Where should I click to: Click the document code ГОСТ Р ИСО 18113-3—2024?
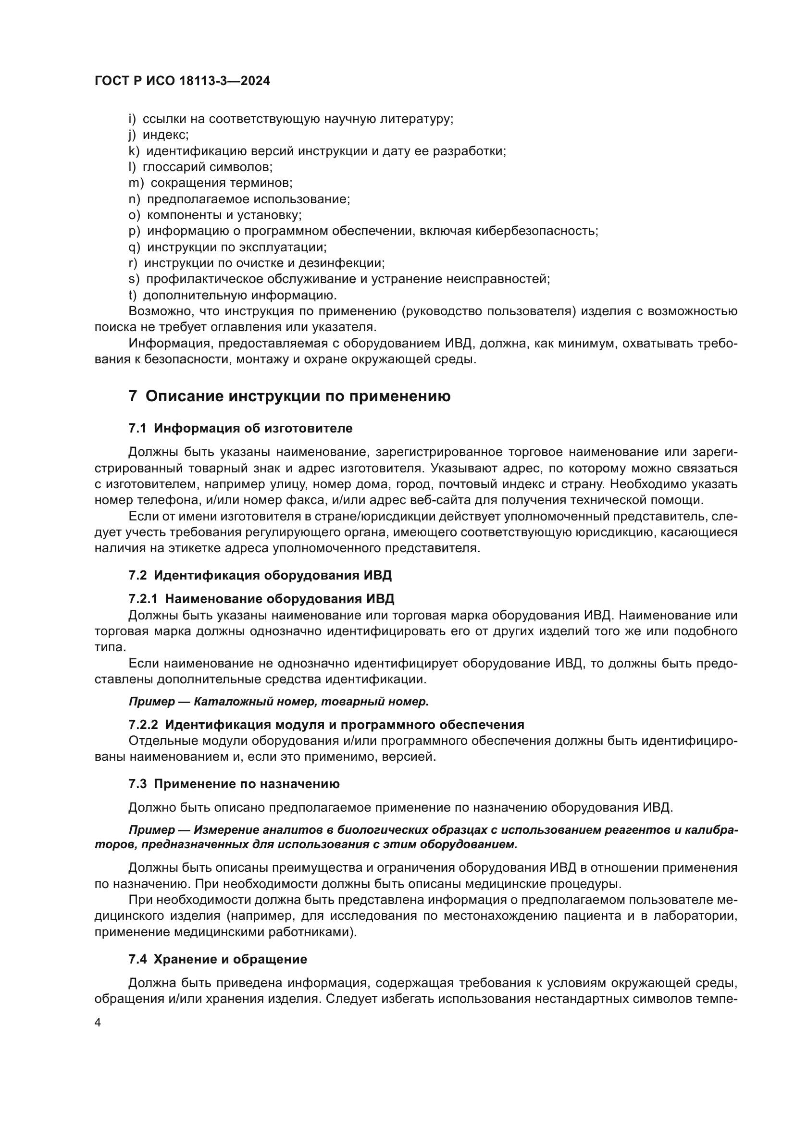182,81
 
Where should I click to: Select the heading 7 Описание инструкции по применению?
289,396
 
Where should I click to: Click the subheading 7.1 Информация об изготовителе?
240,428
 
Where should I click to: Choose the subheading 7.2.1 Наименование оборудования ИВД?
261,599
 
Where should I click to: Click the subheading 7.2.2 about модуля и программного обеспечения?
326,725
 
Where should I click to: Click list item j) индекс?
159,135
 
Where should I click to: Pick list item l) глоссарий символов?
200,167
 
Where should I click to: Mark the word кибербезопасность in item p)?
535,231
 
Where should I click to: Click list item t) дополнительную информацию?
233,295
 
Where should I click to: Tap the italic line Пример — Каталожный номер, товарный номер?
279,702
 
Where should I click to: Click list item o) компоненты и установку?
215,215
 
